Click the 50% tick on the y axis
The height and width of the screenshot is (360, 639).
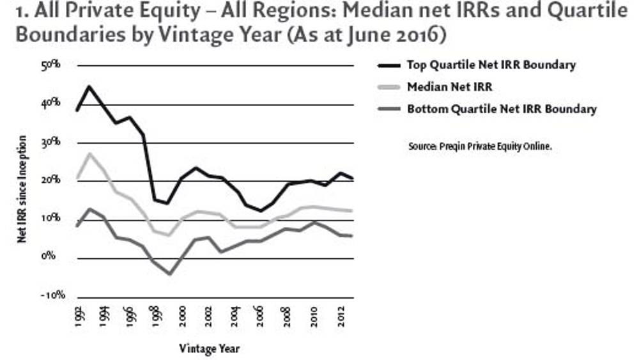point(50,65)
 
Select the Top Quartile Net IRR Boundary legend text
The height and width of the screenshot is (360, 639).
point(491,65)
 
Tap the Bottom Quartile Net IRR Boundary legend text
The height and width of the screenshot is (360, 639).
point(502,109)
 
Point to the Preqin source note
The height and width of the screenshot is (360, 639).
point(479,146)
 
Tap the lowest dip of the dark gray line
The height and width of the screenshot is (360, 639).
point(169,274)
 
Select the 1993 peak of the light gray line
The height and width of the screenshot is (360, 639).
point(90,153)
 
